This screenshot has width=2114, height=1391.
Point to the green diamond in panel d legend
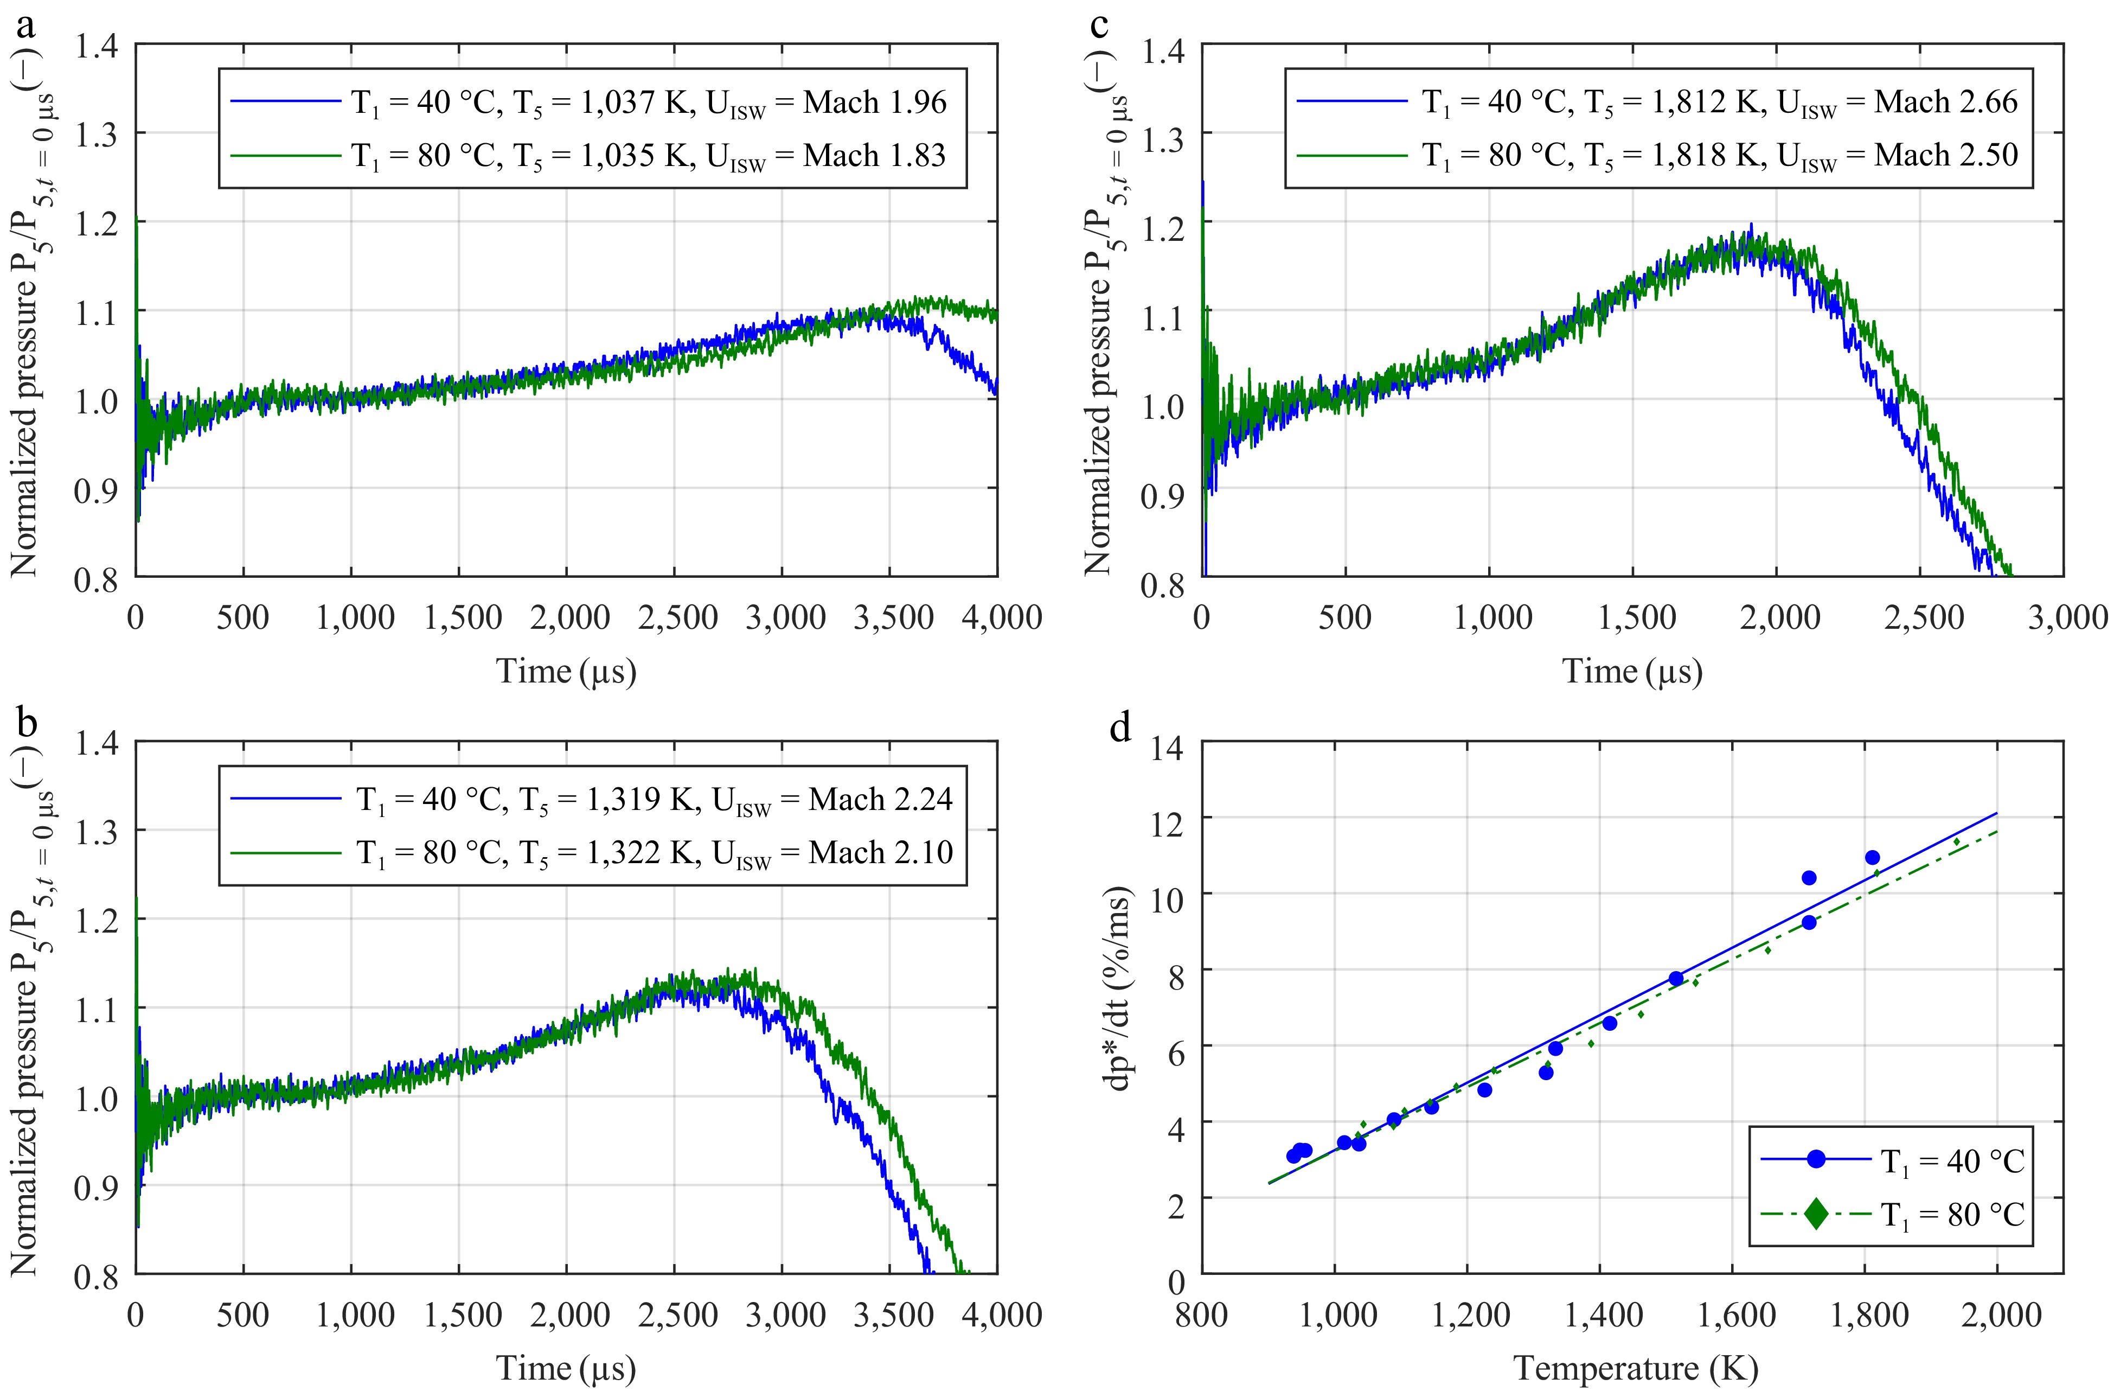[x=1816, y=1214]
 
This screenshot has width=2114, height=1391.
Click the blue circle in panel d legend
[x=1816, y=1159]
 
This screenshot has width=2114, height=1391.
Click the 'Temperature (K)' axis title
[x=1635, y=1369]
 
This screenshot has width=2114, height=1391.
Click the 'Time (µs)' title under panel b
[x=566, y=1369]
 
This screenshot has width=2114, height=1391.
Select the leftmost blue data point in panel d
[x=1293, y=1156]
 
